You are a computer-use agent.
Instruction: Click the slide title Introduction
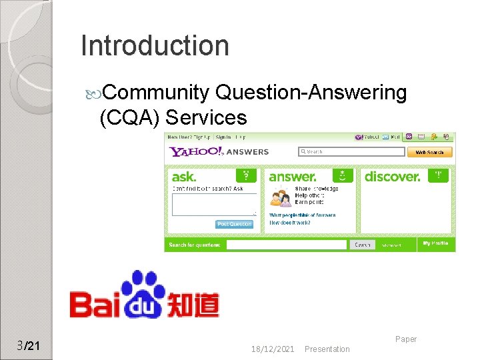click(x=155, y=46)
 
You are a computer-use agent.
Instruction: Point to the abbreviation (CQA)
click(x=129, y=118)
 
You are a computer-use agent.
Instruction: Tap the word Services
click(x=206, y=118)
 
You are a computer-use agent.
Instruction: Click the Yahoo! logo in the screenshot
click(x=197, y=151)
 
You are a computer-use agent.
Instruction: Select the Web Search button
click(x=430, y=152)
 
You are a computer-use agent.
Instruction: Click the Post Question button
click(x=235, y=224)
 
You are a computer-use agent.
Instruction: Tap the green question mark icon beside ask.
click(x=247, y=176)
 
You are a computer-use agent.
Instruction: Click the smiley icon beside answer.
click(x=343, y=176)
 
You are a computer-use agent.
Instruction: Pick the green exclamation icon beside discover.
click(x=439, y=176)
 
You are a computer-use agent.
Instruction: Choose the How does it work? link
click(x=289, y=222)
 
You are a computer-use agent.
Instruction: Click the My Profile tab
click(x=435, y=244)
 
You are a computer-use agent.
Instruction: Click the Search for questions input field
click(x=287, y=245)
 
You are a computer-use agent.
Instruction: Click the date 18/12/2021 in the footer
click(x=273, y=349)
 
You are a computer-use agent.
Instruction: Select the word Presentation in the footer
click(x=327, y=349)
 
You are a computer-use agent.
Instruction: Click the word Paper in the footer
click(x=405, y=339)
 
